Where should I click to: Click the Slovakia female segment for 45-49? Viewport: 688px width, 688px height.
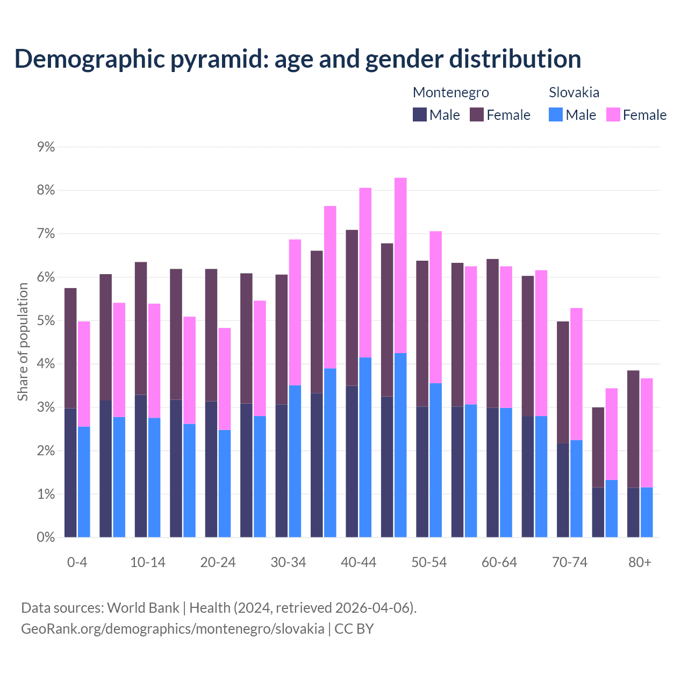click(400, 265)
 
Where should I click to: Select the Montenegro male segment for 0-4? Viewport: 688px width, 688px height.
click(70, 472)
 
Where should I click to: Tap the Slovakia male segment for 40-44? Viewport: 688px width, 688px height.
click(365, 447)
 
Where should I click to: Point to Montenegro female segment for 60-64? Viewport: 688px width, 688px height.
click(492, 333)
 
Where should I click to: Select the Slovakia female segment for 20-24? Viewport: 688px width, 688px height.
click(225, 379)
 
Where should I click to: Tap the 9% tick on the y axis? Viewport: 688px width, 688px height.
click(46, 147)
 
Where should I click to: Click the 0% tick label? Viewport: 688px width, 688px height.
click(46, 537)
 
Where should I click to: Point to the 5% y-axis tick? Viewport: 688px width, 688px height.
click(46, 320)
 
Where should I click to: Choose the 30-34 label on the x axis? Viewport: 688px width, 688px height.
click(288, 563)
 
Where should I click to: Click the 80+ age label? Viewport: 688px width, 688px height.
click(640, 563)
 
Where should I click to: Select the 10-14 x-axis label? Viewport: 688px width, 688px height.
click(148, 563)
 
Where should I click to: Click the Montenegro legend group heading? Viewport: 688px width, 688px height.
click(450, 92)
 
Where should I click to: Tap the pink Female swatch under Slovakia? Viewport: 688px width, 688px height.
click(613, 114)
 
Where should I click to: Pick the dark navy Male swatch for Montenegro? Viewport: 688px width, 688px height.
click(420, 114)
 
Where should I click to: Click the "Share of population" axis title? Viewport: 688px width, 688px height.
click(23, 342)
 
